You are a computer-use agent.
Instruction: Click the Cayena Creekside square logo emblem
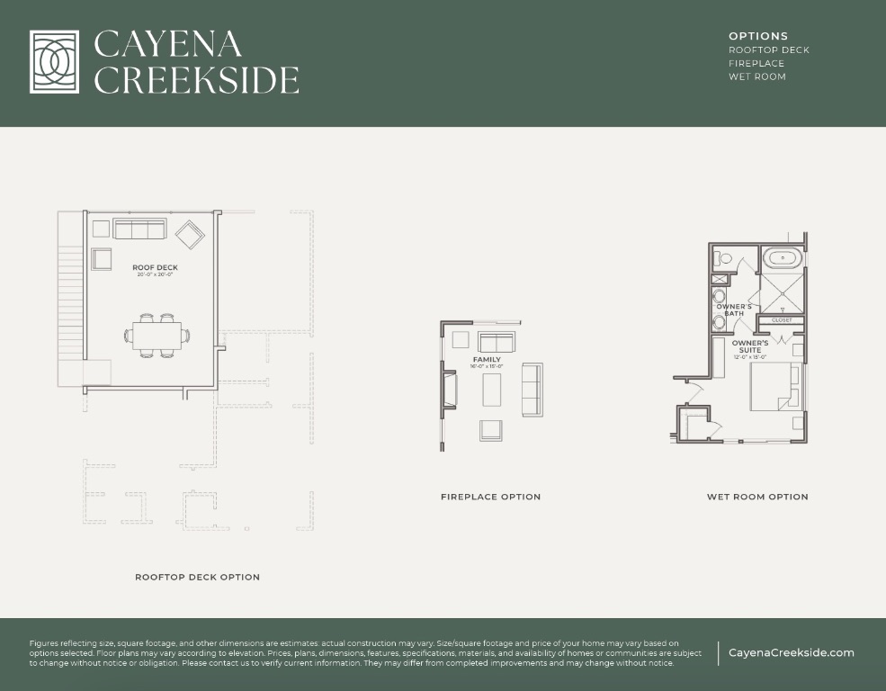(x=60, y=62)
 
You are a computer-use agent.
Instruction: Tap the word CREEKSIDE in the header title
(x=196, y=80)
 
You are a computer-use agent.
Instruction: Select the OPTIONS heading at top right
(x=757, y=36)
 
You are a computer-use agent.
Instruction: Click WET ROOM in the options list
(x=756, y=76)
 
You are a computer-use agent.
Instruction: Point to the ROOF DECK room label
(x=155, y=268)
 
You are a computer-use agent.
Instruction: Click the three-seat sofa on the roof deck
(x=139, y=229)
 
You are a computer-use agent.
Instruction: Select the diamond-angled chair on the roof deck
(x=190, y=236)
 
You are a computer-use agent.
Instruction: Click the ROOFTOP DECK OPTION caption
(x=197, y=577)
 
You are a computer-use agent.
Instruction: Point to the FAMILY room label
(x=487, y=360)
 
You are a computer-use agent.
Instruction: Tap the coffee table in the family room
(x=492, y=390)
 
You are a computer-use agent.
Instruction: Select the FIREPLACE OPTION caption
(x=490, y=497)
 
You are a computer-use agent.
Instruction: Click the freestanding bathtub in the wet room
(x=783, y=259)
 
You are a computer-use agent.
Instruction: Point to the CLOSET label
(x=781, y=320)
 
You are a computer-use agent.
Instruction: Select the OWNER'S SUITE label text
(x=749, y=346)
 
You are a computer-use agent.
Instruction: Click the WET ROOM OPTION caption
(x=756, y=497)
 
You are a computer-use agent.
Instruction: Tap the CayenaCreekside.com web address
(x=791, y=653)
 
